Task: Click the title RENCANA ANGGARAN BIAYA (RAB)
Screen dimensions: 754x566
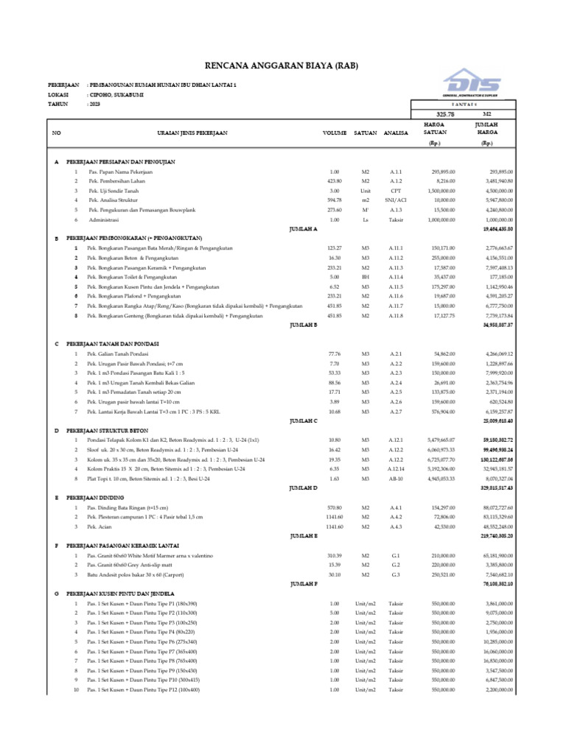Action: tap(282, 66)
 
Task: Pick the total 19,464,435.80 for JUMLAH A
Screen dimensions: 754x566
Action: tap(497, 230)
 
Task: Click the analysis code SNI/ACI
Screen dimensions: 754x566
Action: tap(396, 200)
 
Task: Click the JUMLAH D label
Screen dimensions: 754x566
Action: tap(303, 487)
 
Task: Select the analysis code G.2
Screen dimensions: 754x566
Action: tap(396, 564)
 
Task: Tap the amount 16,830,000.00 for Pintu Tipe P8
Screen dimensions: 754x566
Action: tap(498, 660)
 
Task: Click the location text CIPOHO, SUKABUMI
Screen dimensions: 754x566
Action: tap(116, 94)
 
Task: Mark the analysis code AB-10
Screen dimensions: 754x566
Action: tap(396, 478)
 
